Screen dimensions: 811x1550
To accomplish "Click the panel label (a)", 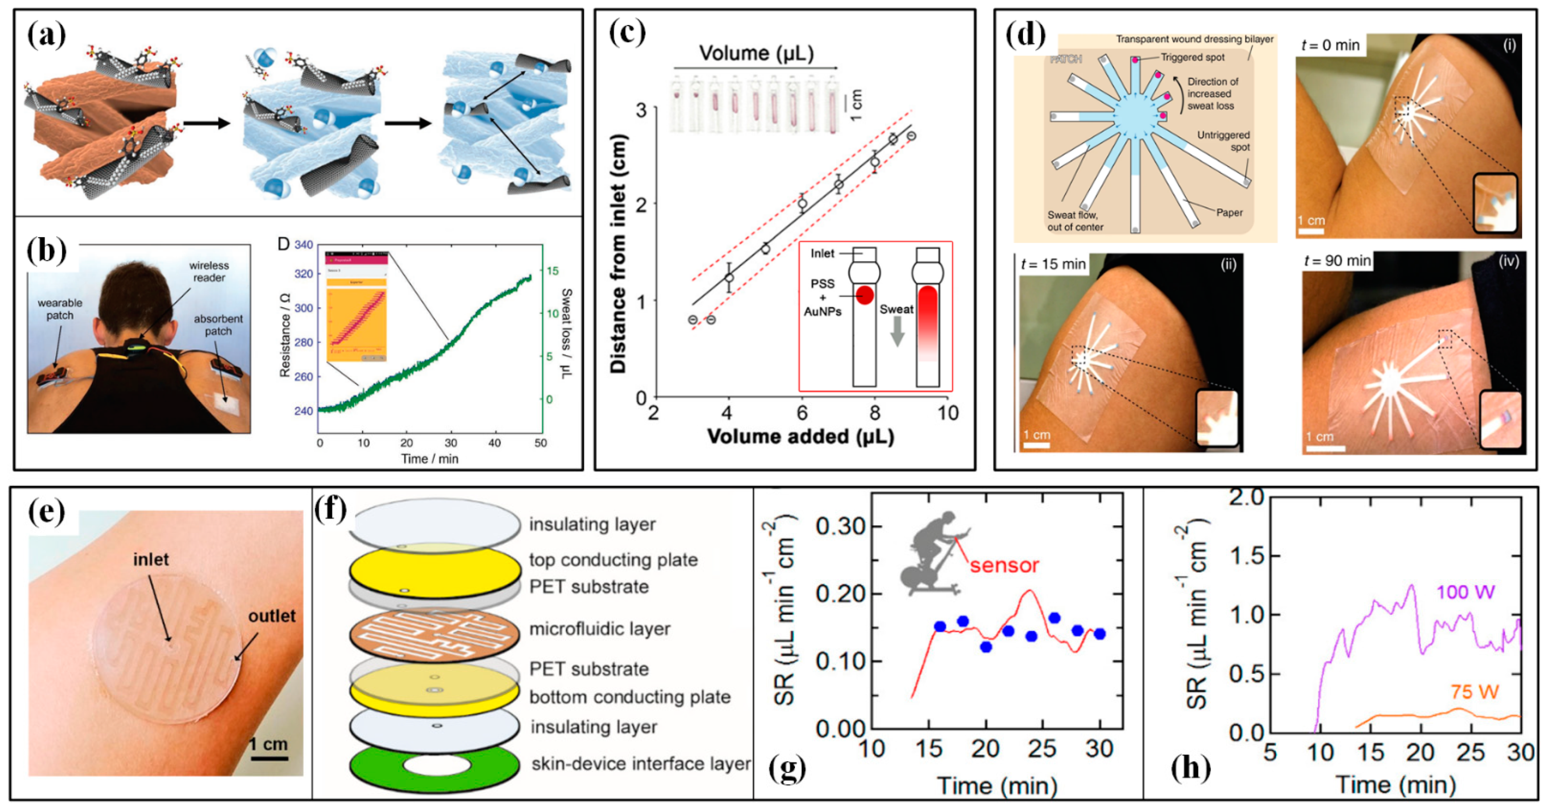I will (x=47, y=35).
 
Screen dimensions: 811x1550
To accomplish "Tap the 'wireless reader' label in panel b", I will (x=208, y=271).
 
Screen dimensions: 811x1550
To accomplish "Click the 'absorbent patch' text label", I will (x=218, y=325).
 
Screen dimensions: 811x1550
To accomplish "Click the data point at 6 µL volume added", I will (x=802, y=203).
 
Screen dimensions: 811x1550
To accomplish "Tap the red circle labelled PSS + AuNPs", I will (x=864, y=295).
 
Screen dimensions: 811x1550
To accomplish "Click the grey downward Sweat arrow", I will (x=897, y=331).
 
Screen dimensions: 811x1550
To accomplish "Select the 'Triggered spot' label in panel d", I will (x=1192, y=57).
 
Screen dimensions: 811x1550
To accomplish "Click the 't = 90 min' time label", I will (x=1337, y=261).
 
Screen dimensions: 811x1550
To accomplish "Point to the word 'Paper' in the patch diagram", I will (x=1229, y=212).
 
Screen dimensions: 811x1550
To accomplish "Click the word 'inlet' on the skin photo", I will (x=150, y=560).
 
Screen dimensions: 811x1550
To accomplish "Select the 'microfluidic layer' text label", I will (x=599, y=629).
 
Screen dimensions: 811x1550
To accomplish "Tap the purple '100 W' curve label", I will (x=1465, y=593).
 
